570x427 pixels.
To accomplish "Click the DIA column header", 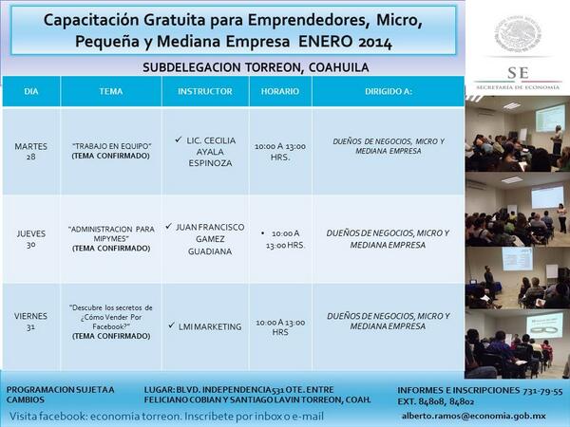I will click(31, 91).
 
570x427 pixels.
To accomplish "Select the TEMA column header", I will click(110, 91).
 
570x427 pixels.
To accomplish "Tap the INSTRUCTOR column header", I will click(204, 91).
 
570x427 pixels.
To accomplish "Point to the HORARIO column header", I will click(280, 91).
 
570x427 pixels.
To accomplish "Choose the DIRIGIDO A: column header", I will click(388, 91).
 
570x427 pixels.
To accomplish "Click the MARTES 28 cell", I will click(31, 152).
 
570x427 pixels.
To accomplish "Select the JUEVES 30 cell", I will click(31, 239).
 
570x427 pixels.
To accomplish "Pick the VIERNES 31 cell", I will click(31, 326).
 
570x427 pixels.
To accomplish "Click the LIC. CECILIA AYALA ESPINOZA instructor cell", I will click(206, 152).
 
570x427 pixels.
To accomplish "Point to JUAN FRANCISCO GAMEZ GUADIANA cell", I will click(205, 239).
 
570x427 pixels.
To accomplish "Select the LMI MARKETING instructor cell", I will click(205, 326).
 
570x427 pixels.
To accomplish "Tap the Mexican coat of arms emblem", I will click(518, 34).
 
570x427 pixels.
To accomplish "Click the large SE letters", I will click(518, 73).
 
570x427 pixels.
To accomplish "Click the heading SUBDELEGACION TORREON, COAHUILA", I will click(256, 67).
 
